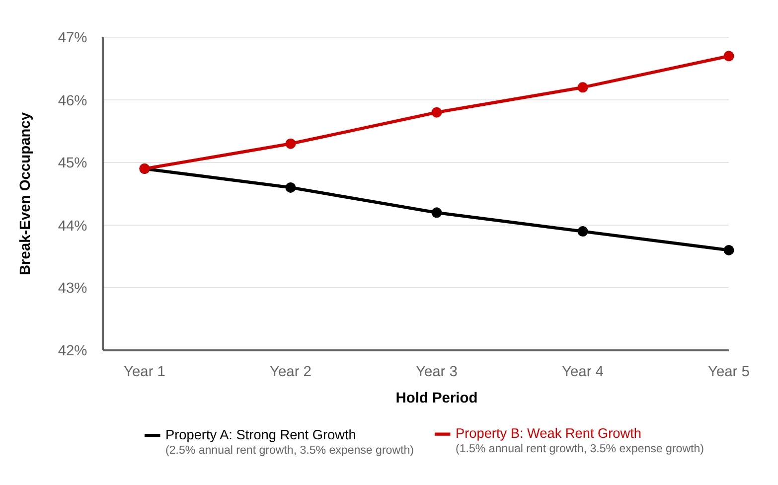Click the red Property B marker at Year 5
(728, 56)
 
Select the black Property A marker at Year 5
(728, 250)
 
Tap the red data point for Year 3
(436, 112)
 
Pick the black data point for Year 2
(291, 188)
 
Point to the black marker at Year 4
(582, 231)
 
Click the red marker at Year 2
(291, 144)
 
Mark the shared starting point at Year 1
(145, 169)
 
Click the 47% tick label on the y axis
(73, 38)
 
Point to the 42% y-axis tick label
(73, 350)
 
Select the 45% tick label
(73, 163)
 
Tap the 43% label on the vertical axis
(73, 288)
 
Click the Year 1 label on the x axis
(144, 371)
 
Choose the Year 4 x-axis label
(582, 371)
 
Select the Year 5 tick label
(728, 371)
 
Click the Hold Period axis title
(436, 398)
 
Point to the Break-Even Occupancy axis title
(25, 194)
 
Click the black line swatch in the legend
(152, 435)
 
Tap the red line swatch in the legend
(442, 434)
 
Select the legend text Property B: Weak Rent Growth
(548, 433)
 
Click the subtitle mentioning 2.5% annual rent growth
(289, 450)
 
